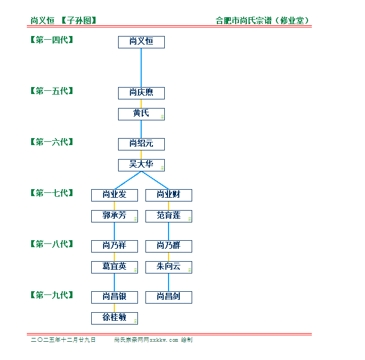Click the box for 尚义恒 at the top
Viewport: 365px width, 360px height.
pos(141,42)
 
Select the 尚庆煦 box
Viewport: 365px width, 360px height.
pos(141,93)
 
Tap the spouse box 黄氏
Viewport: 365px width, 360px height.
pos(141,114)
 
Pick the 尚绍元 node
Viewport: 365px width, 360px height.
pos(141,144)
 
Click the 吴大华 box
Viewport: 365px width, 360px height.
pos(141,165)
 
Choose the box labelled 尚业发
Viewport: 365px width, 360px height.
pos(114,195)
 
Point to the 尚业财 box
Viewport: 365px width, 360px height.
pos(169,195)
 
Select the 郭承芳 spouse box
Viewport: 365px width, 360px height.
pos(114,216)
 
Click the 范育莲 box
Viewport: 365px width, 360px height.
pos(169,216)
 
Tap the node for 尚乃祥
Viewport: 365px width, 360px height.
pos(114,246)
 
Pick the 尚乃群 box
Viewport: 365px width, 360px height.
pos(169,246)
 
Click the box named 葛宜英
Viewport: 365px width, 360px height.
pos(114,267)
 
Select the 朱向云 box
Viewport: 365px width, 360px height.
pos(169,267)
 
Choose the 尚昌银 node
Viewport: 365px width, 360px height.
pos(114,297)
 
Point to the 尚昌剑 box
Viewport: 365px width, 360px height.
pos(169,297)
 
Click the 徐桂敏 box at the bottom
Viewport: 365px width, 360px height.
pos(114,318)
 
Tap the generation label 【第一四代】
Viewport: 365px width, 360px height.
pos(52,40)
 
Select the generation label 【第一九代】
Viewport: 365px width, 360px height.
pos(52,295)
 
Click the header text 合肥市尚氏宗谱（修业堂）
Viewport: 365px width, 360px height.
pos(262,21)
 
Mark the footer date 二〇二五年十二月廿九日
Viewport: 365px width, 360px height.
pos(63,340)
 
